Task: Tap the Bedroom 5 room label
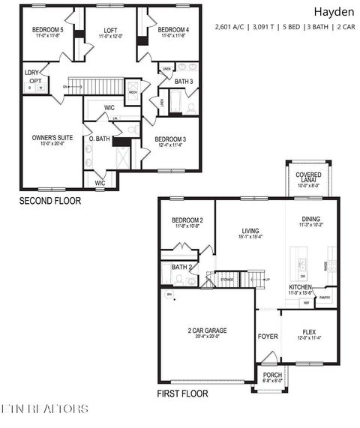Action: point(46,30)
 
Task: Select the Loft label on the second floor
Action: point(110,30)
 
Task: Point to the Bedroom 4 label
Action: point(173,30)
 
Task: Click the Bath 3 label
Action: point(184,81)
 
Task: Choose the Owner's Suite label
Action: point(50,138)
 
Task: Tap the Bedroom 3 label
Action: point(170,139)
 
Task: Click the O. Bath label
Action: point(100,139)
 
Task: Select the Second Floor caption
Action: point(50,201)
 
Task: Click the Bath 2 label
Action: point(181,267)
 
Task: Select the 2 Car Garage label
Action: point(207,331)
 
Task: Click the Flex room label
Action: point(309,331)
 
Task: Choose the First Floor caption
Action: point(182,394)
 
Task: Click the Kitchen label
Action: point(301,287)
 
